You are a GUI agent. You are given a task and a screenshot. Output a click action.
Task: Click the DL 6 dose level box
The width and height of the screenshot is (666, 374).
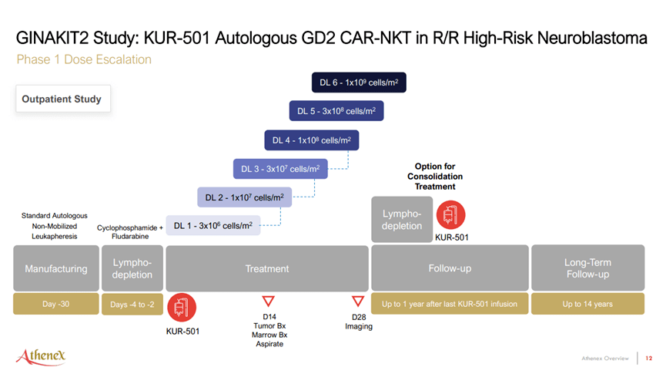coord(359,83)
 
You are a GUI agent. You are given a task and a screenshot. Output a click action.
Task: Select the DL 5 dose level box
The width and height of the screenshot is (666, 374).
coord(336,110)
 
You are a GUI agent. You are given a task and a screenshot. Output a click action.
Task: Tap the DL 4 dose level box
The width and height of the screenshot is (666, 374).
coord(310,140)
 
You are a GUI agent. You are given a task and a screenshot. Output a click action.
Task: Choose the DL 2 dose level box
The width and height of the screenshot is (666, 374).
coord(244,197)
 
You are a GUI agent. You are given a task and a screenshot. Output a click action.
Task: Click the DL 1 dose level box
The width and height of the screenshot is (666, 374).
coord(213,225)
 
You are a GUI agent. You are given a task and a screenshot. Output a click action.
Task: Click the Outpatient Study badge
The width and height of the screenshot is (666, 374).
coord(61,99)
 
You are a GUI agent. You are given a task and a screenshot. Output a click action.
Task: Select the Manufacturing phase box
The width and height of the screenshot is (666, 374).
coord(55,268)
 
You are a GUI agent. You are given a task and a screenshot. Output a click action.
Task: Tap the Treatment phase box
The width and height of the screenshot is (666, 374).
coord(266,268)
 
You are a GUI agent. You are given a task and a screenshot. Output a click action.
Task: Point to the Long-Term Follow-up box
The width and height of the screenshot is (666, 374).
coord(587,268)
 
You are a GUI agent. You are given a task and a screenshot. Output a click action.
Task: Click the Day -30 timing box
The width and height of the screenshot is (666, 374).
coord(55,304)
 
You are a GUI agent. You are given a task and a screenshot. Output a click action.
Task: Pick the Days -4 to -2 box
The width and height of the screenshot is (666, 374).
coord(132,304)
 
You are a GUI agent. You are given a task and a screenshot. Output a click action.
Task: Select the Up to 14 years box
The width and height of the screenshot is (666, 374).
coord(587,304)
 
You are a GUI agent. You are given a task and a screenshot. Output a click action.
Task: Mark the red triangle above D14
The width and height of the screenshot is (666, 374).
coord(269,301)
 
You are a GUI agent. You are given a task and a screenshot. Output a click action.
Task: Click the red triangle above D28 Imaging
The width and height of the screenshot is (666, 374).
coord(358,301)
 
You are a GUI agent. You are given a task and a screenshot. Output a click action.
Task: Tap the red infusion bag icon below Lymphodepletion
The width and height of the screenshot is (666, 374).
coord(183,308)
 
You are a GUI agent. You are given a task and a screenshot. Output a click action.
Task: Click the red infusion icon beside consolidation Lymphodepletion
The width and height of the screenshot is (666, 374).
coord(450,215)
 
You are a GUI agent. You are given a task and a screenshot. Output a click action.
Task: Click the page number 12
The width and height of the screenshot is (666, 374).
coord(649,358)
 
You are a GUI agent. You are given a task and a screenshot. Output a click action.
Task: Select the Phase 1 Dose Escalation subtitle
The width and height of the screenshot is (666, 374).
coord(84,59)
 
